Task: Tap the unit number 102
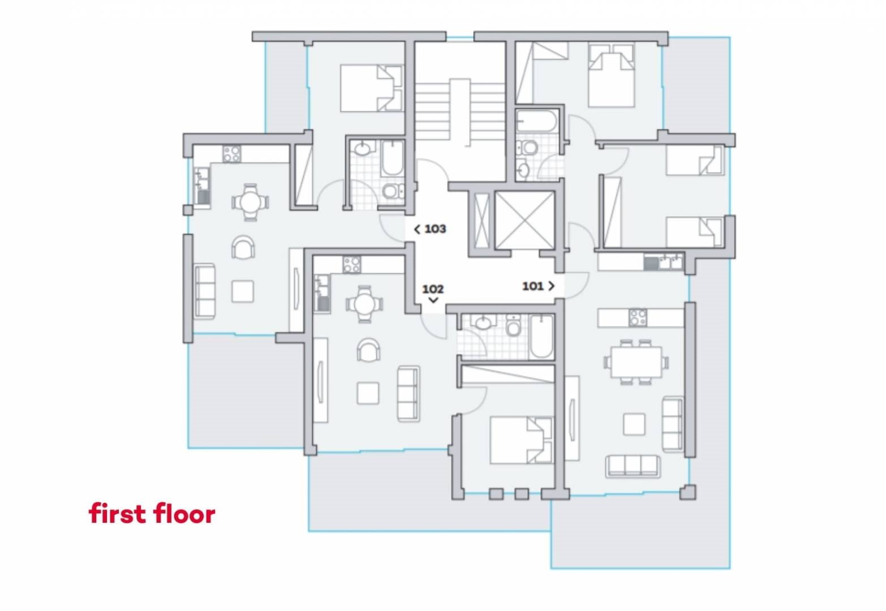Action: [x=433, y=289]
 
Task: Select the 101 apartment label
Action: [x=532, y=286]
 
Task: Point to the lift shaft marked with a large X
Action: [x=524, y=220]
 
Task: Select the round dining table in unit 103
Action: [x=250, y=202]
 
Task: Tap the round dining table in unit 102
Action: [x=364, y=304]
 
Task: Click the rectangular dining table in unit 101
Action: [x=636, y=362]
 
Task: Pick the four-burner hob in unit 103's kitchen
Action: [x=231, y=154]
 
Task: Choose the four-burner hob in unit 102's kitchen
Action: [x=352, y=265]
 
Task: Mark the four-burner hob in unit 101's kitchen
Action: [x=638, y=317]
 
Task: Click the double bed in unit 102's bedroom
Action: [x=521, y=440]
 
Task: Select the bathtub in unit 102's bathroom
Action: [x=541, y=336]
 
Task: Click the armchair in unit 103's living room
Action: [x=243, y=248]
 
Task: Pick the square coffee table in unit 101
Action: [x=634, y=424]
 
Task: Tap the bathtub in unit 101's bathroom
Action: [x=537, y=122]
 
